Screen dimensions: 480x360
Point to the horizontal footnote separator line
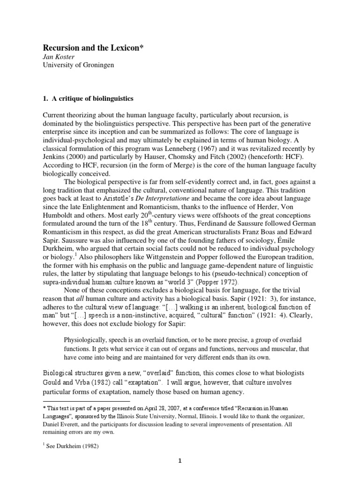click(86, 402)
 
